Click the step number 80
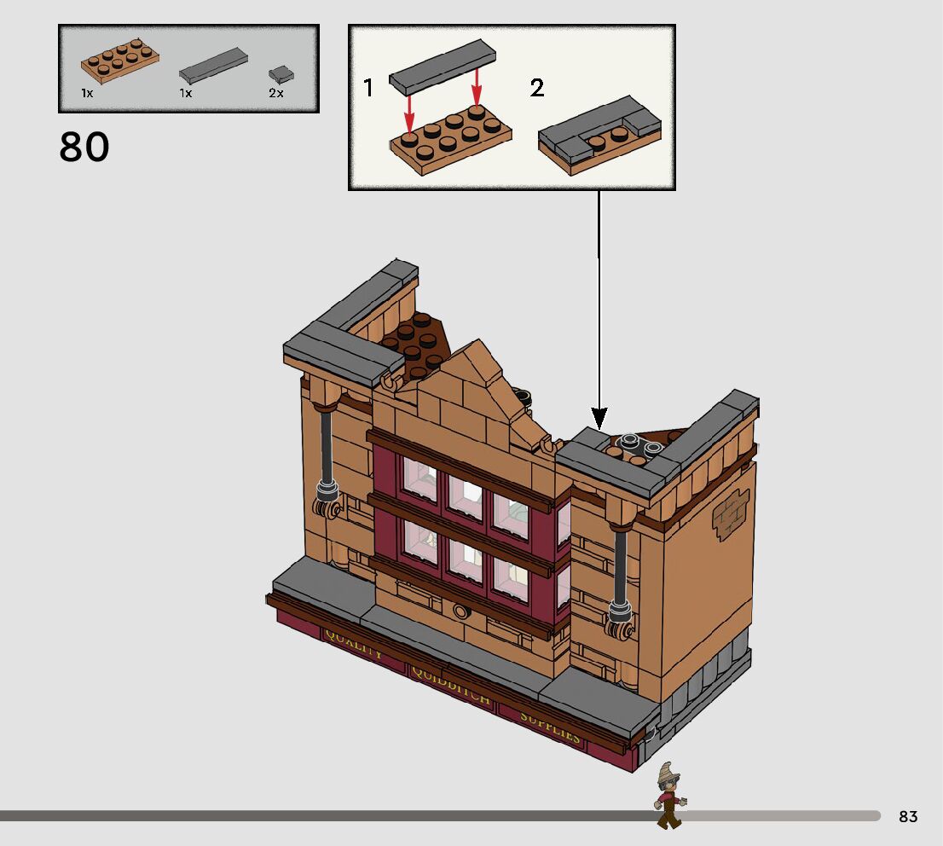tap(84, 148)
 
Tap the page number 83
tap(908, 817)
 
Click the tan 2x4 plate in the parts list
tap(120, 61)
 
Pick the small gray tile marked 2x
tap(277, 74)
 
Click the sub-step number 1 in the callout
tap(368, 88)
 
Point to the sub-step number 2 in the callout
tap(536, 88)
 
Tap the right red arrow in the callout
tap(477, 87)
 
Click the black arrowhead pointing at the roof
tap(599, 418)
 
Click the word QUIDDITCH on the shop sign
tap(451, 687)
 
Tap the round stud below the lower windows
tap(461, 611)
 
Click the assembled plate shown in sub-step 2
tap(600, 136)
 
